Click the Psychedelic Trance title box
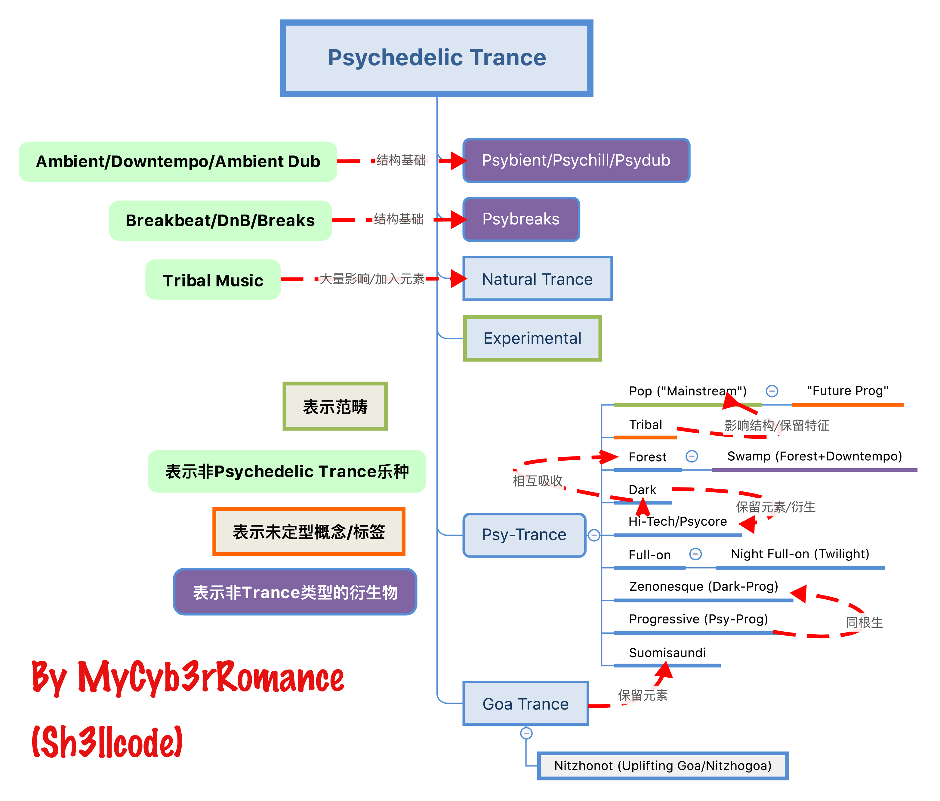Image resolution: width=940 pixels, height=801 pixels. tap(436, 58)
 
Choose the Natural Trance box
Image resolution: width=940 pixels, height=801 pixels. tap(538, 279)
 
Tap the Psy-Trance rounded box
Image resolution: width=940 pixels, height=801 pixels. tap(524, 535)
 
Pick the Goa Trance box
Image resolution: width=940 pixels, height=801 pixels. tap(525, 704)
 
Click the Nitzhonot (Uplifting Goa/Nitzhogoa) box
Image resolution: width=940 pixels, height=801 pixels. tap(663, 765)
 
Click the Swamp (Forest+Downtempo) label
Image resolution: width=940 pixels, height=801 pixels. tap(814, 456)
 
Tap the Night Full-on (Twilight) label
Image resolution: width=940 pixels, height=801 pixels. tap(800, 554)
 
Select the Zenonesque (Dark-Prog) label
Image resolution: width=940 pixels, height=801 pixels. tap(704, 586)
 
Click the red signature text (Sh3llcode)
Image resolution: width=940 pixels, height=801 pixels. tap(107, 742)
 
